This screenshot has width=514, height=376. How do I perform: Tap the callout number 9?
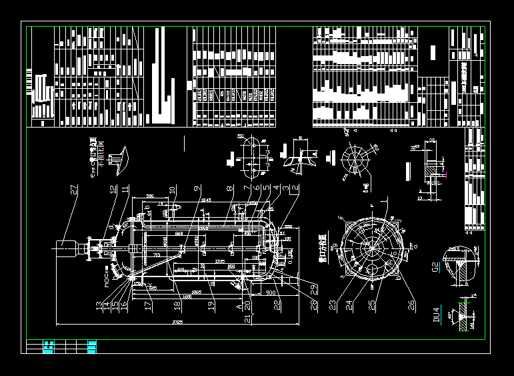click(197, 190)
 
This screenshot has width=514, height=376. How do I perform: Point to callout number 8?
click(229, 190)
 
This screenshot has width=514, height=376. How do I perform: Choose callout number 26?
click(411, 305)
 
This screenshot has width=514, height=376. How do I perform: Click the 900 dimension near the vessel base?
click(271, 293)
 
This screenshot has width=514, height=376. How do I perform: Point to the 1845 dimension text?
click(205, 200)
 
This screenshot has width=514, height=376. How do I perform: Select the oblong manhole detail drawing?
click(254, 156)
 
